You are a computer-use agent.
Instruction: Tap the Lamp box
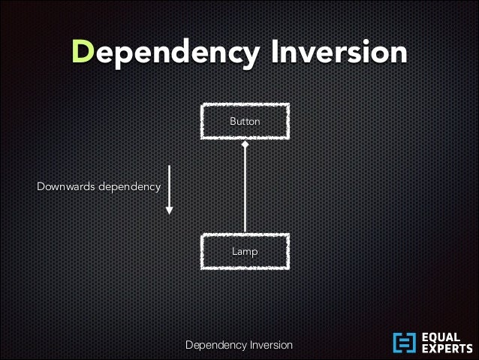pyautogui.click(x=245, y=251)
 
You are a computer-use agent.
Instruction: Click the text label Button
pyautogui.click(x=245, y=121)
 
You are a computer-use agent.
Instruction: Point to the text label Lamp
pyautogui.click(x=245, y=252)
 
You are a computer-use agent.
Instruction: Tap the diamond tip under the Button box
pyautogui.click(x=245, y=144)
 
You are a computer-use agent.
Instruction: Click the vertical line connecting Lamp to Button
pyautogui.click(x=245, y=188)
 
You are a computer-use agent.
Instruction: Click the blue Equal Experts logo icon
pyautogui.click(x=404, y=343)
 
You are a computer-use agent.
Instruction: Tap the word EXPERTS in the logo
pyautogui.click(x=447, y=349)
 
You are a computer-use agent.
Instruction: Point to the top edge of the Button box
pyautogui.click(x=245, y=106)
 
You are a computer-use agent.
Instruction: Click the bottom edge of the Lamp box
pyautogui.click(x=245, y=268)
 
